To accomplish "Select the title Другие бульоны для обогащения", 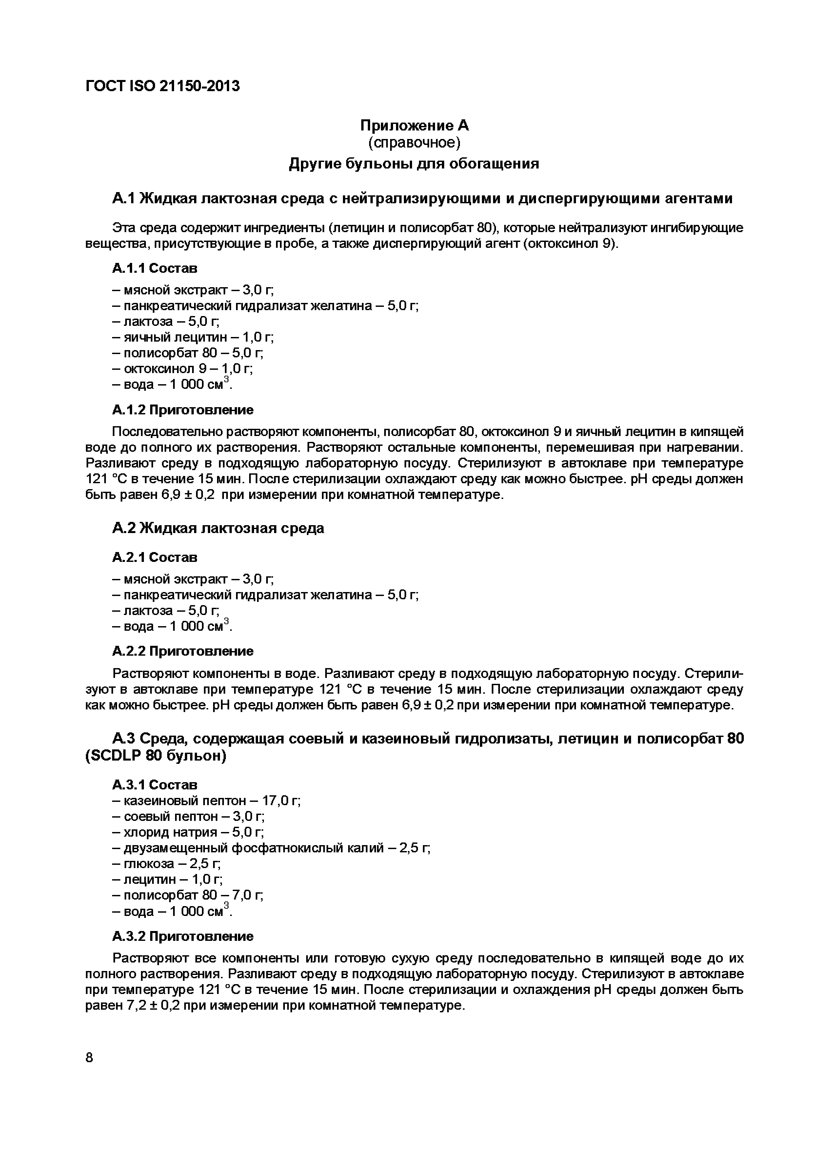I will coord(414,164).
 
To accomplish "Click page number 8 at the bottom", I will coord(90,1058).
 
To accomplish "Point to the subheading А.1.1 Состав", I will coord(155,268).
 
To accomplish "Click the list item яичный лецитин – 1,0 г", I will coord(193,337).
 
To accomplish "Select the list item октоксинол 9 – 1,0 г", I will coord(182,369).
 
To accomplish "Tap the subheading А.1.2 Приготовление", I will coord(183,410).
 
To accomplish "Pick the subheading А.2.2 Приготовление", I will coord(183,651).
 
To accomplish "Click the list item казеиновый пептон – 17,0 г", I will coord(206,801).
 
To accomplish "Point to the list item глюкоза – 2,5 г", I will coord(166,864).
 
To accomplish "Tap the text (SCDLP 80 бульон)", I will coord(156,756).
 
